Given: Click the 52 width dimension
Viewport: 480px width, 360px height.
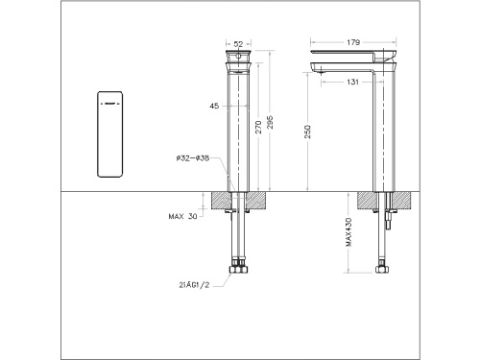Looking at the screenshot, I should click(237, 43).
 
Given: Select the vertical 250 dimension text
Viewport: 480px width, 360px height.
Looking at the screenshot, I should click(307, 132).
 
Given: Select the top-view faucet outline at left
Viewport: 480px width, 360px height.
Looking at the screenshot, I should click(111, 135).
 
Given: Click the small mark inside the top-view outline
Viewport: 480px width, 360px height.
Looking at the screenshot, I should click(109, 100).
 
